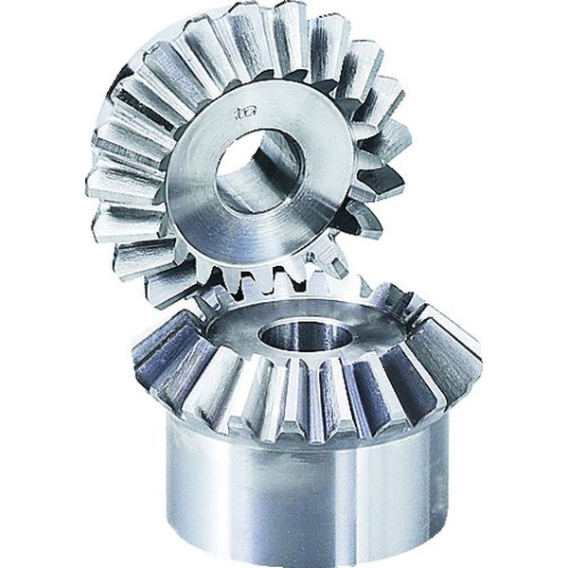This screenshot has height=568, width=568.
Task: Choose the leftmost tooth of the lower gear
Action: [x=151, y=350]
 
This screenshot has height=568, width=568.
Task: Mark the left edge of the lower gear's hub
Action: [x=171, y=473]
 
